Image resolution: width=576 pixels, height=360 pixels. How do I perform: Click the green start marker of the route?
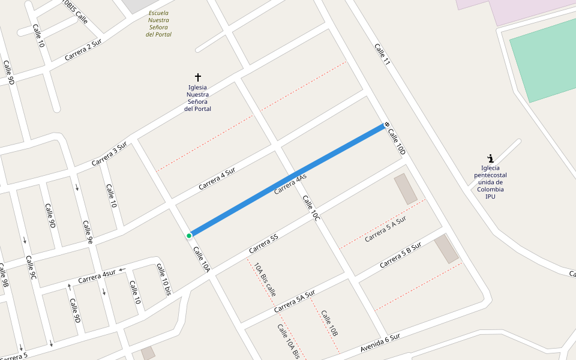coord(189,236)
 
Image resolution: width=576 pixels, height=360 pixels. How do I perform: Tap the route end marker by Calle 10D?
coord(387,125)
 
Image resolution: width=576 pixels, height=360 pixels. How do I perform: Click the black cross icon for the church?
coord(198,77)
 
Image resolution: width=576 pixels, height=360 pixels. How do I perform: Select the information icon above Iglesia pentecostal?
coord(491,158)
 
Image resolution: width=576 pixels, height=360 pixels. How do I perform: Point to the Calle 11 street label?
coord(382,55)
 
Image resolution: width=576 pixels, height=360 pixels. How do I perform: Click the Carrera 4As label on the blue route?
coord(290,184)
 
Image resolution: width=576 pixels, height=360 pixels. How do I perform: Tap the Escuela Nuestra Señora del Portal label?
coord(158,23)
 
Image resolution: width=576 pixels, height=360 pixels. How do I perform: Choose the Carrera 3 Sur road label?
coord(109,154)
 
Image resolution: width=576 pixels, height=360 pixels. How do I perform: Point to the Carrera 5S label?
coord(263,242)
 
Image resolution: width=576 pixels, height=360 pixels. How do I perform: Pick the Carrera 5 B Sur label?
coord(400,254)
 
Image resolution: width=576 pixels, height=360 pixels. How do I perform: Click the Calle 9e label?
coord(88,233)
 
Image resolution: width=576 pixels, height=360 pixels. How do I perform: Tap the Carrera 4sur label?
coord(97,277)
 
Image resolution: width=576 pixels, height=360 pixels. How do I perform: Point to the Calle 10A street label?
coord(202,259)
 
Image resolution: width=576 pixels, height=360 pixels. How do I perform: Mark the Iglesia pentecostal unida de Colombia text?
coord(490,182)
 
